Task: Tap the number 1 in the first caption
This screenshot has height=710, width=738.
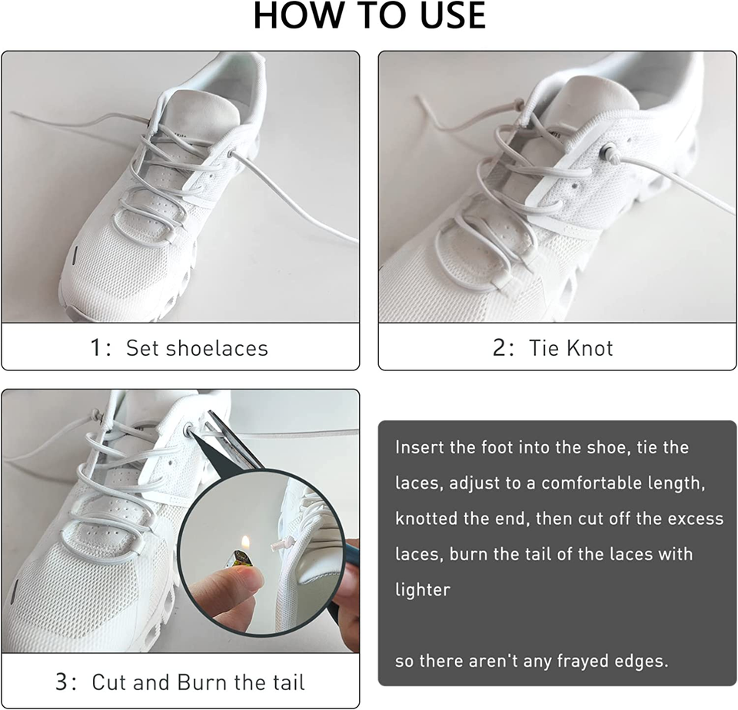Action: click(x=96, y=348)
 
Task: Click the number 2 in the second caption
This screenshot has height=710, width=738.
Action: click(x=500, y=348)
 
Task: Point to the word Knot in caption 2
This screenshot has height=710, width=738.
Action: click(x=590, y=348)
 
